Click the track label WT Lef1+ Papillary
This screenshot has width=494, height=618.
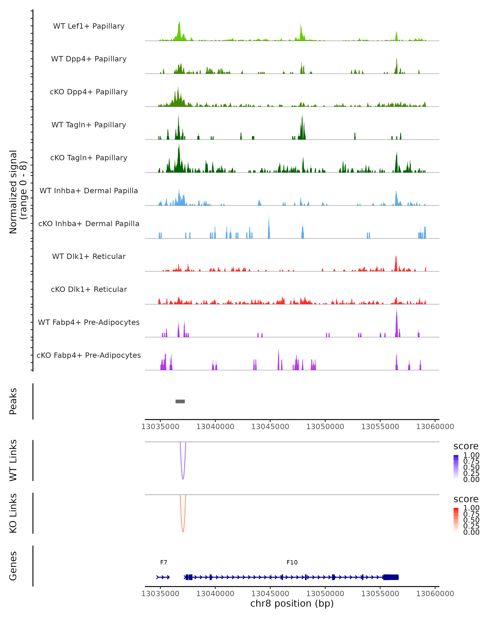(89, 26)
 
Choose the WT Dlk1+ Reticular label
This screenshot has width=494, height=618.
(89, 256)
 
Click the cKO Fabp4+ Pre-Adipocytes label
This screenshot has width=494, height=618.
(89, 355)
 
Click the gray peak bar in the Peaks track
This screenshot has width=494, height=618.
(180, 401)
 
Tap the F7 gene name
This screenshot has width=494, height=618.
(163, 562)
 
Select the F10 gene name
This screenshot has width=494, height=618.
(292, 562)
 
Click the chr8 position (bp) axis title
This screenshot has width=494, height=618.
(292, 604)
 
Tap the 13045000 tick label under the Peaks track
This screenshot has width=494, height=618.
(270, 427)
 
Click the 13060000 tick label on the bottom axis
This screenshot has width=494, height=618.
(435, 594)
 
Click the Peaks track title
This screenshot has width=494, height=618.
(13, 401)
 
